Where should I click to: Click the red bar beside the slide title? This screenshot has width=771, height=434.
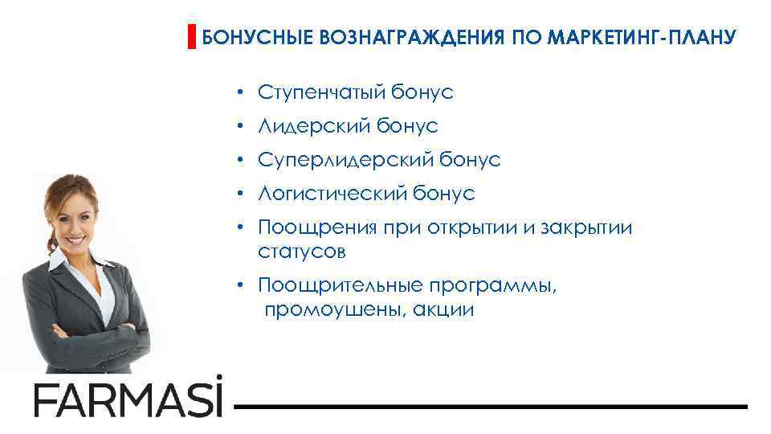[192, 37]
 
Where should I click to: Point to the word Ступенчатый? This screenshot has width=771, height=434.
[322, 93]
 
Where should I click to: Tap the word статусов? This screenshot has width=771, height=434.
[302, 252]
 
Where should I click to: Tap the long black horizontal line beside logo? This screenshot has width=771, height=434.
[490, 406]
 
